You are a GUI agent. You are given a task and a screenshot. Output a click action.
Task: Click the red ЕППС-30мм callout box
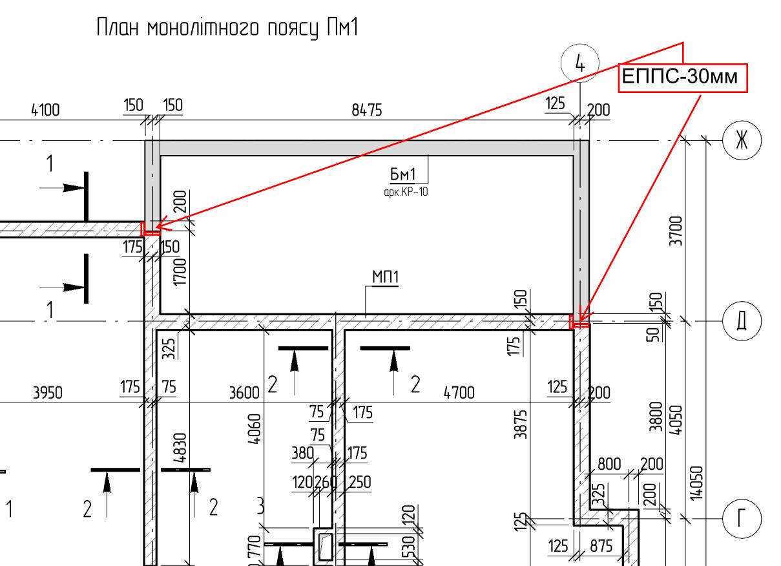coord(683,78)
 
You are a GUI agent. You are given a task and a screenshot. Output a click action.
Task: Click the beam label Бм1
coord(402,174)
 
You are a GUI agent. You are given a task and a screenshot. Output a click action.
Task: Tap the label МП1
coord(385,277)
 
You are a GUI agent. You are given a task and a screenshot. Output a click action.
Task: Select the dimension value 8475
coord(367,110)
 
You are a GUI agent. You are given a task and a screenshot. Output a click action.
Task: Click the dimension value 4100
coord(45,110)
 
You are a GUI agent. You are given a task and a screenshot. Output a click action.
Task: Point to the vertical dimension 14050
coord(696,483)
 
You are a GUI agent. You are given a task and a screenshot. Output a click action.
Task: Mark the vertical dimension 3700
coord(675,231)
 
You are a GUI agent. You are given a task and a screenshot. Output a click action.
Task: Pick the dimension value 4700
coord(459,393)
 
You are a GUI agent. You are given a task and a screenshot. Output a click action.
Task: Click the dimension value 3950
coord(48,393)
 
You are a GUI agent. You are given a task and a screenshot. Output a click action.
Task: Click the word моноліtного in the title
coord(203,28)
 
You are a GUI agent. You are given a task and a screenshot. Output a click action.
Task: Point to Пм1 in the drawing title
coord(342,27)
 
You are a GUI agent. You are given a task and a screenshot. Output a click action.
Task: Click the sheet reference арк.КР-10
coord(406,192)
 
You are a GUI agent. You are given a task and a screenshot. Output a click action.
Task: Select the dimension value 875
coord(601,546)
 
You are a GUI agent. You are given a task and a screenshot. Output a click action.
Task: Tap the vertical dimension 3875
coord(520,424)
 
